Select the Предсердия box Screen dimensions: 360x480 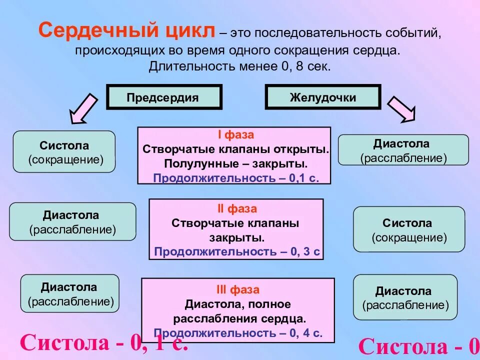(163, 97)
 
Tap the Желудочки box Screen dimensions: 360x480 (322, 97)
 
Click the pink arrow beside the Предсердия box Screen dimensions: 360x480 (83, 108)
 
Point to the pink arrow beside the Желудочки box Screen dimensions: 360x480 (402, 108)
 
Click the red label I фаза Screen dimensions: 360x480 (234, 135)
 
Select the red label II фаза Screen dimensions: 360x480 (236, 209)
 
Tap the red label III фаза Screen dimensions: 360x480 (237, 289)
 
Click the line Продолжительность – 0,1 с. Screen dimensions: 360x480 (235, 178)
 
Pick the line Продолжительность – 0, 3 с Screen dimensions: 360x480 (236, 251)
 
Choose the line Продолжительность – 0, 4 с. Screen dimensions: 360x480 (238, 332)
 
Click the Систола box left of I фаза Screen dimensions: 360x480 (64, 152)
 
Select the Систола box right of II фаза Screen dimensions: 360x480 (409, 229)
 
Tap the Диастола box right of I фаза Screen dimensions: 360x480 (403, 150)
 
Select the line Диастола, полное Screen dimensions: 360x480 (237, 303)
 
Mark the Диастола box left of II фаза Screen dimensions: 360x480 (72, 221)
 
